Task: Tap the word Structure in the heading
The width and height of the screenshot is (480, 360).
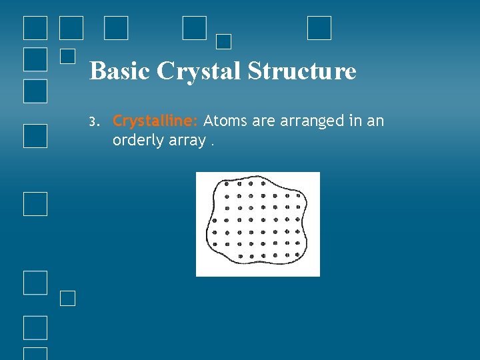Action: [302, 71]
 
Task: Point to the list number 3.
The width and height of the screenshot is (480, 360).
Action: [93, 122]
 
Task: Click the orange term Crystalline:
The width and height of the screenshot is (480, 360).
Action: [155, 121]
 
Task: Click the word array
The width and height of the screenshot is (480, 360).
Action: [184, 140]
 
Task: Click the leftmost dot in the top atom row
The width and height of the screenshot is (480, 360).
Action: [227, 183]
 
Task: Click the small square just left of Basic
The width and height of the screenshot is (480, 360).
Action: [67, 56]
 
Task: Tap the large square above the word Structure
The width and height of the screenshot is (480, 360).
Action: [319, 28]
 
